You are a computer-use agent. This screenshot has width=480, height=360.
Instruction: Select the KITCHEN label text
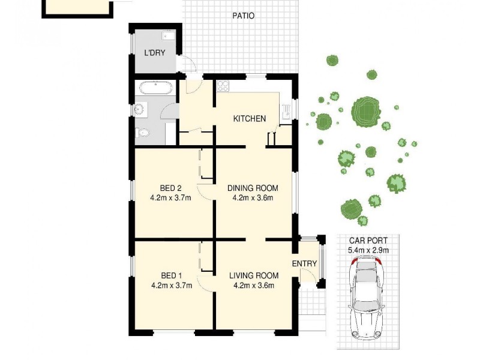click(249, 119)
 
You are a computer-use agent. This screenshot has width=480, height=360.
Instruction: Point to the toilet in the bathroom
click(142, 133)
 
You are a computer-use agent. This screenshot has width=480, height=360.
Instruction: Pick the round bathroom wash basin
click(140, 110)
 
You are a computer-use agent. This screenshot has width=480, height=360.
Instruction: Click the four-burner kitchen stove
click(224, 86)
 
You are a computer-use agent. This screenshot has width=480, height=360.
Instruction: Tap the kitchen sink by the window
click(286, 110)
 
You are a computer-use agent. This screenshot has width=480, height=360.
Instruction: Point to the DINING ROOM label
click(253, 188)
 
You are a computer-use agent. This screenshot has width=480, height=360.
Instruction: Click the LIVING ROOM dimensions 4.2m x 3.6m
click(252, 286)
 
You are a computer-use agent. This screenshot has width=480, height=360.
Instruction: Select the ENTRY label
click(304, 265)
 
